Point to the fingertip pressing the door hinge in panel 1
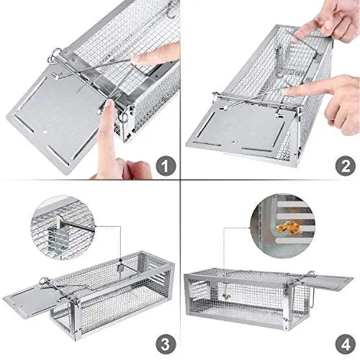pyautogui.click(x=107, y=108)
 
